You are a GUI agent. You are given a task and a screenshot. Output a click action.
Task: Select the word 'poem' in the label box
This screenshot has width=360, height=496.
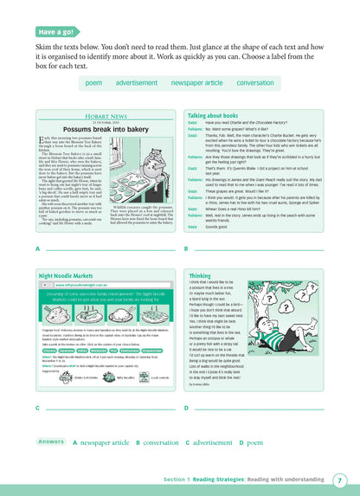click(x=93, y=82)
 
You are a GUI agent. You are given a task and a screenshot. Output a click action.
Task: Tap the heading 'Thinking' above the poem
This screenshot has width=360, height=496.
click(x=200, y=274)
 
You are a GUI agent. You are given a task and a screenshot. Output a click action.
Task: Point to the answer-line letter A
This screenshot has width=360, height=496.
click(x=37, y=248)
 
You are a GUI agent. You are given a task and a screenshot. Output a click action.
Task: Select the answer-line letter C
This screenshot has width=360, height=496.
click(x=37, y=407)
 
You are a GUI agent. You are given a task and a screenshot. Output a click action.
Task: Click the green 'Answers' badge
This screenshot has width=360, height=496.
click(x=51, y=441)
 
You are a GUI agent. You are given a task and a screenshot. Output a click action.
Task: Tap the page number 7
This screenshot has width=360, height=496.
click(x=340, y=480)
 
